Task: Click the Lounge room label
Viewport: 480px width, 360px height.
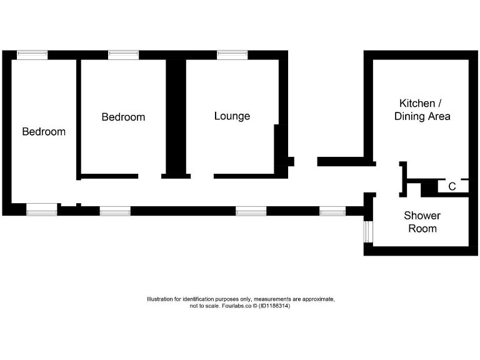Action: [232, 116]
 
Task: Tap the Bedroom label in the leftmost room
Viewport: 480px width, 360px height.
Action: [44, 132]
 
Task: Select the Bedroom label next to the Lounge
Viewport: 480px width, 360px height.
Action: [123, 117]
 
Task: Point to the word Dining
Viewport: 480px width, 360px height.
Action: [409, 117]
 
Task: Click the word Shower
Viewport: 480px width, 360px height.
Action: [422, 216]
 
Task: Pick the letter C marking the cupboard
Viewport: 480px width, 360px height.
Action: [452, 186]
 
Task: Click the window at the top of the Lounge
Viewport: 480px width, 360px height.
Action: [232, 55]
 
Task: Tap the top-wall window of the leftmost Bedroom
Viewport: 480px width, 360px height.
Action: [32, 55]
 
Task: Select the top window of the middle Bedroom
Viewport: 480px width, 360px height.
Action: [123, 55]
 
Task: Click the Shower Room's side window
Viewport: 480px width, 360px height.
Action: [368, 231]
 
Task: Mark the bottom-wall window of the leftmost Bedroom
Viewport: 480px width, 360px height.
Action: [42, 210]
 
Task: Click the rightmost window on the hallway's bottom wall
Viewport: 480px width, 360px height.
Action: [332, 211]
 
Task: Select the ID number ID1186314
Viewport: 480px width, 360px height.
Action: [274, 306]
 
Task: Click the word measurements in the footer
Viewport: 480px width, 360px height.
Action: [269, 299]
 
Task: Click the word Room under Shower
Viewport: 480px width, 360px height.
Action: [422, 229]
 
